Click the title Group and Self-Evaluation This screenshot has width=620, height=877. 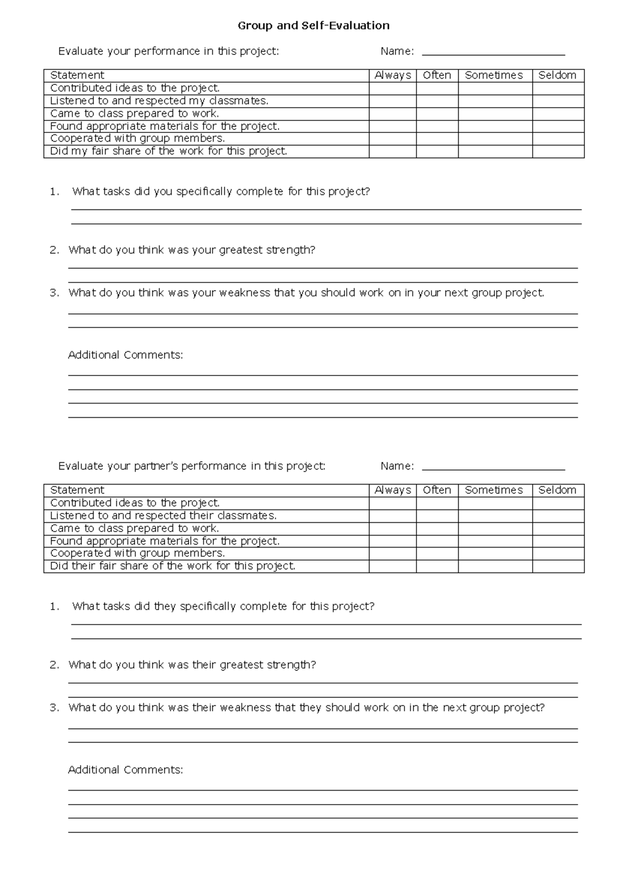click(x=313, y=25)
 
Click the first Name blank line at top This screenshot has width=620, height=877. click(x=493, y=53)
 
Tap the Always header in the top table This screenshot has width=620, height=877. click(x=393, y=75)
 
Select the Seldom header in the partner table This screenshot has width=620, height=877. click(x=557, y=490)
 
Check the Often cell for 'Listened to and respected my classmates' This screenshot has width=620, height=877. click(x=437, y=101)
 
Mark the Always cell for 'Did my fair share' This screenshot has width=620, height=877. click(x=393, y=152)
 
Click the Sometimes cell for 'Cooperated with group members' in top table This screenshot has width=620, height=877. click(x=495, y=139)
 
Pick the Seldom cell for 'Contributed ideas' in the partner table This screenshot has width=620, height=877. click(x=558, y=503)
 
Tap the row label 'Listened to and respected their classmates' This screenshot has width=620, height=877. click(x=163, y=516)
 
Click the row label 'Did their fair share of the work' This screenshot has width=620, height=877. click(x=173, y=566)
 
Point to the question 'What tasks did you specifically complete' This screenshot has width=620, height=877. click(x=221, y=192)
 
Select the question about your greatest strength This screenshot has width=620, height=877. click(x=192, y=250)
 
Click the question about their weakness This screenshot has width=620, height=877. click(x=306, y=708)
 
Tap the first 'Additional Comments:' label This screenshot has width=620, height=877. click(x=126, y=355)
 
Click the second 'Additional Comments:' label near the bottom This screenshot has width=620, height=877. click(x=126, y=770)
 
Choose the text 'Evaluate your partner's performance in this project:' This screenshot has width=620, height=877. click(x=192, y=466)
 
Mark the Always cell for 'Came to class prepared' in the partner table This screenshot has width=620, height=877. click(x=393, y=528)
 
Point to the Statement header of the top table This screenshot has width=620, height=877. click(x=78, y=75)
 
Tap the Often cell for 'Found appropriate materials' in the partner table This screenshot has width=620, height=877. click(x=437, y=541)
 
